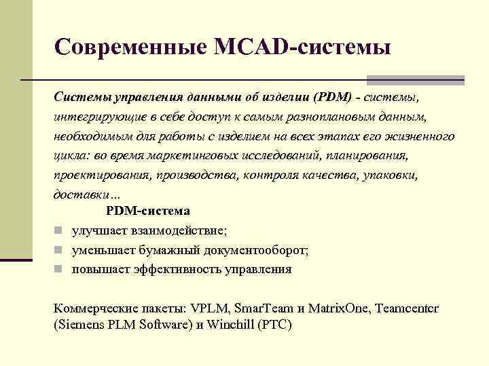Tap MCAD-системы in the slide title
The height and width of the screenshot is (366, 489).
tap(302, 47)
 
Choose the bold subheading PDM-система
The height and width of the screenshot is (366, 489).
tap(148, 211)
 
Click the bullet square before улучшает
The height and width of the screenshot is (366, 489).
tap(59, 231)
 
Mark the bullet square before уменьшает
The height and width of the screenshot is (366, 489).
tap(59, 250)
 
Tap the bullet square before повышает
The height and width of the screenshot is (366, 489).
tap(59, 269)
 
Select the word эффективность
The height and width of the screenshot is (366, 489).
tap(177, 269)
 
